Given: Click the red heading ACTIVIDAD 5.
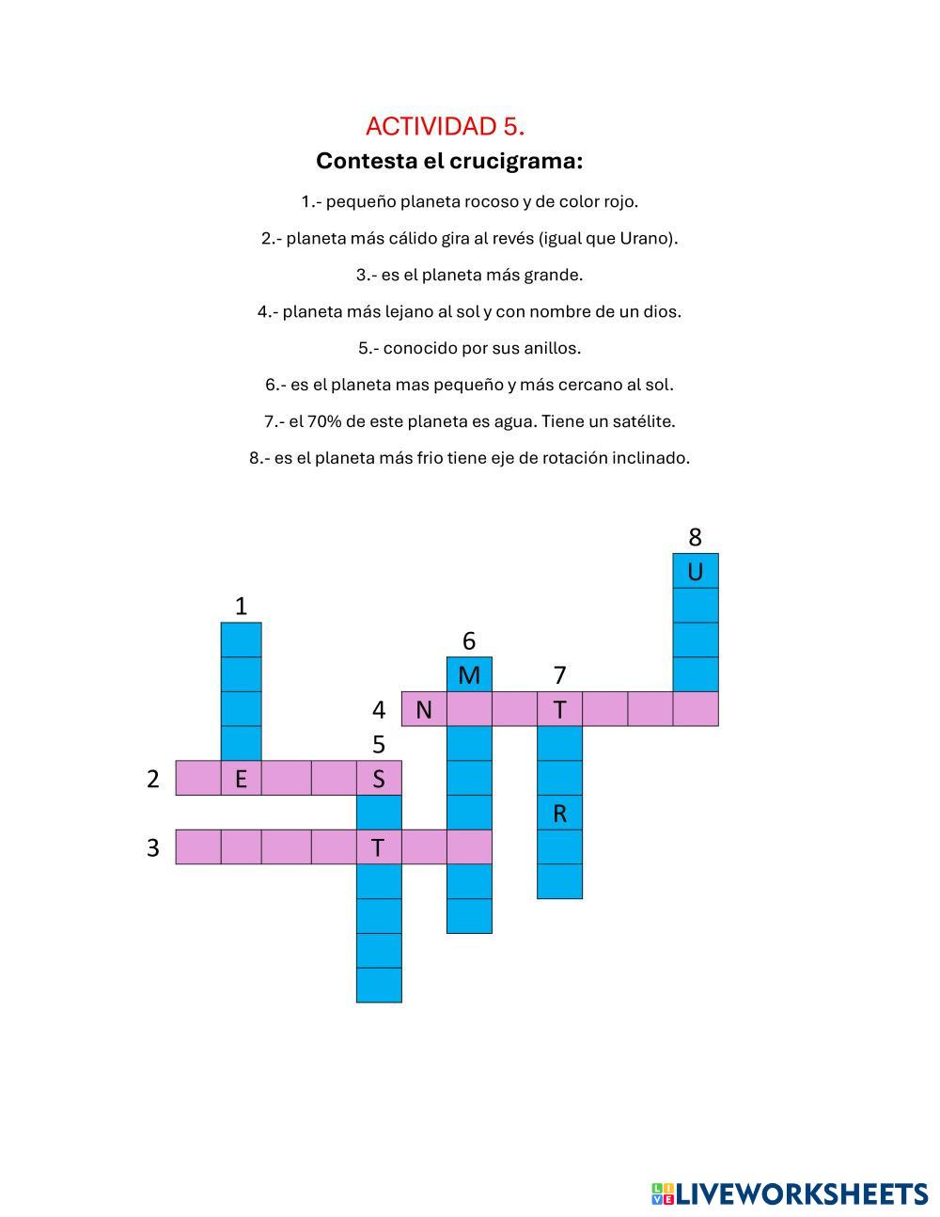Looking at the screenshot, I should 445,126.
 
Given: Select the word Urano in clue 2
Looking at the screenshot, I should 644,238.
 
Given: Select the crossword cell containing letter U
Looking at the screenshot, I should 696,571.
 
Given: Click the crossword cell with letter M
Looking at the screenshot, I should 469,674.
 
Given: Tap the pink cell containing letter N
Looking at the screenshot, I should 424,709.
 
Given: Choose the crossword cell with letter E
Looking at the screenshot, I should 241,778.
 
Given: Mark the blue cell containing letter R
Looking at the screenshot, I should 559,813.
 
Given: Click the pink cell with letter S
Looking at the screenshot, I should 379,778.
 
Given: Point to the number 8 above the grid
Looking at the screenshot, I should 695,537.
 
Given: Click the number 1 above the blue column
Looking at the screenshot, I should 241,606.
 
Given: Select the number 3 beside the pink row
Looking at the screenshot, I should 153,847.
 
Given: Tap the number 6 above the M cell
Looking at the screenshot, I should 469,640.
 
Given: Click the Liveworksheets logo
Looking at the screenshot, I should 790,1193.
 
